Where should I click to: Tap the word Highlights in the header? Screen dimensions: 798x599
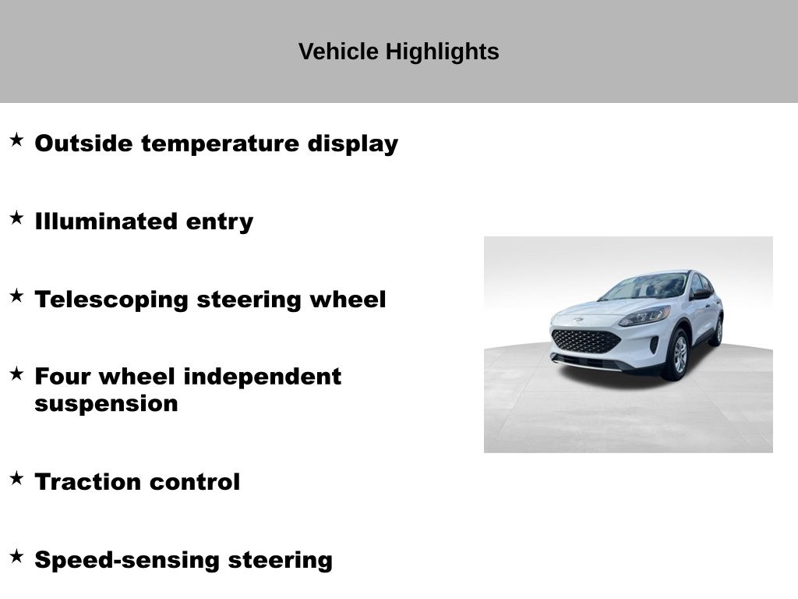(x=443, y=52)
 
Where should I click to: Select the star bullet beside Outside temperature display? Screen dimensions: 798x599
(x=17, y=140)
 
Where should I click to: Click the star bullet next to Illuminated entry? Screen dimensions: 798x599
(x=17, y=218)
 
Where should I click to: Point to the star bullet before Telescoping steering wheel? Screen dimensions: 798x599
(x=17, y=296)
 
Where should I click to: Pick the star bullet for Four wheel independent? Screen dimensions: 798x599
(x=17, y=374)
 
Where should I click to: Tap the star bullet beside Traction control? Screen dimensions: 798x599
(x=17, y=478)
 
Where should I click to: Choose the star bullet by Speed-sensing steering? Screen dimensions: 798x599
(x=17, y=556)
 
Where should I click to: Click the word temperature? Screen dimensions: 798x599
(x=220, y=144)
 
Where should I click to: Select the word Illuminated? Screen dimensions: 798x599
(x=106, y=221)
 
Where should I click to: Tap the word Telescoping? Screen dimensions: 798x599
(x=111, y=300)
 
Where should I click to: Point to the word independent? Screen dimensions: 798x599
(x=262, y=377)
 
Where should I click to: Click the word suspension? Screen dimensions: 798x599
(x=106, y=405)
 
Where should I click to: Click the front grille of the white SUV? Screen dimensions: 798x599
(x=585, y=341)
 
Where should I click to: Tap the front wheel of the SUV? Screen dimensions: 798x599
(x=679, y=355)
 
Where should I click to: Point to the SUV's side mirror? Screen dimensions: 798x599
(x=701, y=294)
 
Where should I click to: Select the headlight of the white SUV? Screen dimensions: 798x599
(x=644, y=317)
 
